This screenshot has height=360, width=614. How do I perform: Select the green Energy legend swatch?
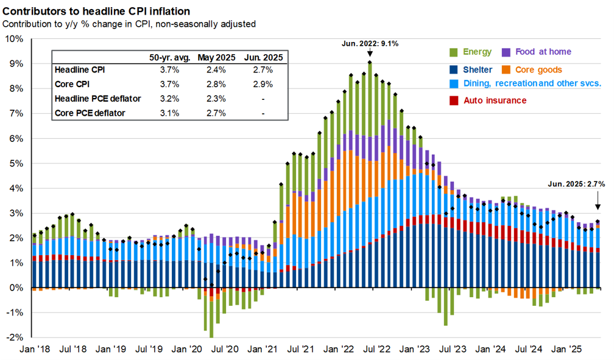[454, 52]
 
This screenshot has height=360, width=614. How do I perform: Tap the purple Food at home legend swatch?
[506, 52]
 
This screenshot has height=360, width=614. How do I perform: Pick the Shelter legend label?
[478, 70]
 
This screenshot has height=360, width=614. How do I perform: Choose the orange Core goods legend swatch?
[506, 70]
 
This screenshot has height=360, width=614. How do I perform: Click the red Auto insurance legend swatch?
[454, 100]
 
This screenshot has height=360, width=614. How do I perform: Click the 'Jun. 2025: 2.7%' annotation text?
[576, 183]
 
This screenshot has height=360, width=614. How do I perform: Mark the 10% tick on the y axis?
[14, 39]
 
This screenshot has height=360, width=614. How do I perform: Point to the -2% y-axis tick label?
[14, 337]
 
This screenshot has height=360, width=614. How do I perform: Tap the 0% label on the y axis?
[16, 288]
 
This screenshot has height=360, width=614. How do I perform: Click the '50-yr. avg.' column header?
[170, 58]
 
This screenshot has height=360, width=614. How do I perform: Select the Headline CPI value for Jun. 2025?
[263, 70]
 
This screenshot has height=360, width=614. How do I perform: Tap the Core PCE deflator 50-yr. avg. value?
[170, 113]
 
